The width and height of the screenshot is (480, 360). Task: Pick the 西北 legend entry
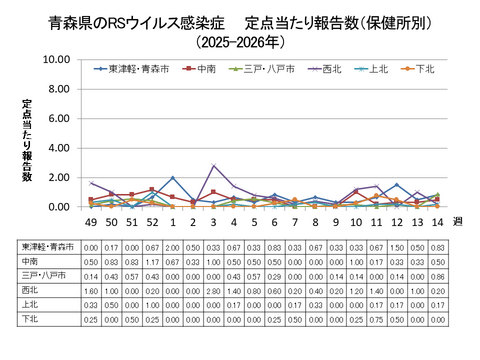(328, 69)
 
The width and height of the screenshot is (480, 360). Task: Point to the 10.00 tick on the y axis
(55, 60)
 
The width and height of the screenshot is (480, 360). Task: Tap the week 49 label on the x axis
(91, 222)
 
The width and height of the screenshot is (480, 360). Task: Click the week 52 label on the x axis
(152, 222)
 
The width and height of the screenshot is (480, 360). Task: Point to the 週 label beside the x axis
(458, 222)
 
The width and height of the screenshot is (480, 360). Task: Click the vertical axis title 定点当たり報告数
(27, 140)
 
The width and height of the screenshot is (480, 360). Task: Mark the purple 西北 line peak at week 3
(214, 166)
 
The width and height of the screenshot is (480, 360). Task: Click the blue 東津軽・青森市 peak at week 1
(173, 178)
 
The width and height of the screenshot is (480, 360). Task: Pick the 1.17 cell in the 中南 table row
(152, 258)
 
